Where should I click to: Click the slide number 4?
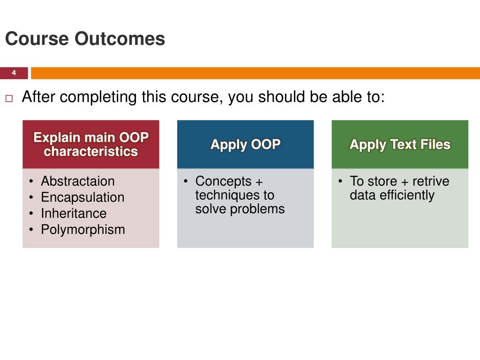[14, 73]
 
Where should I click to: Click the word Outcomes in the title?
[120, 38]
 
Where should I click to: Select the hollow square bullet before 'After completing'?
[9, 98]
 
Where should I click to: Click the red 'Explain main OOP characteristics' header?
[91, 144]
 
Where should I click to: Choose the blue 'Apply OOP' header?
[246, 144]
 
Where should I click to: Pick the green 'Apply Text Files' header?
[400, 144]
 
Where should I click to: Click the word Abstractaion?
[78, 181]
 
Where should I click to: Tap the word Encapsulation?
[82, 197]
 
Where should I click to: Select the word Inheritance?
[74, 213]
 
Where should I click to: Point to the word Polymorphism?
[83, 230]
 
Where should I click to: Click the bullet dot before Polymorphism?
[31, 229]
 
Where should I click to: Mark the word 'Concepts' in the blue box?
[224, 181]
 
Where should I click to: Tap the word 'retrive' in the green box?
[431, 181]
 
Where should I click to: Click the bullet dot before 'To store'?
[340, 181]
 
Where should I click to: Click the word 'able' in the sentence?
[345, 97]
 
